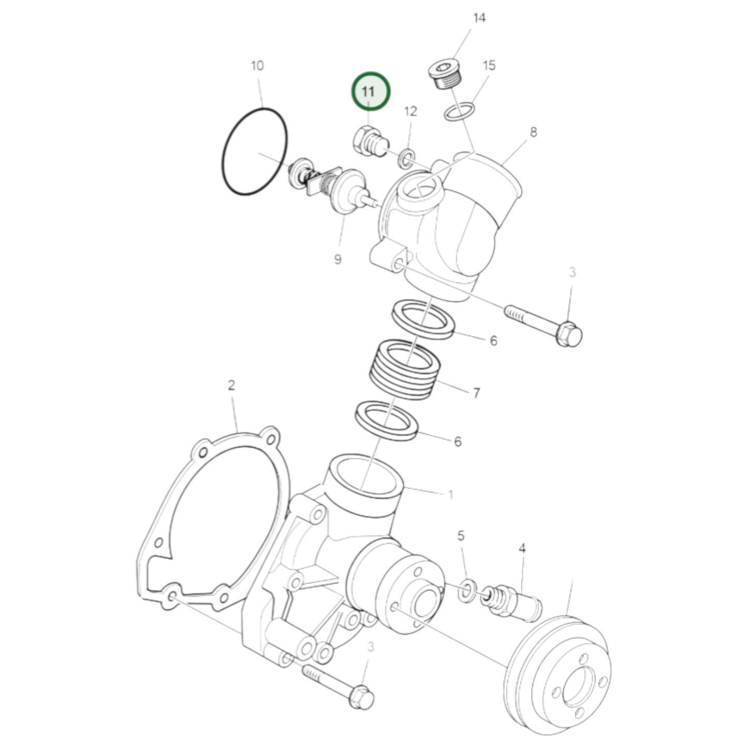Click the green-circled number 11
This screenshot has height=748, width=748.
370,92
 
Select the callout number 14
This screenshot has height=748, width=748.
479,18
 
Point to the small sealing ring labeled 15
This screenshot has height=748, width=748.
459,112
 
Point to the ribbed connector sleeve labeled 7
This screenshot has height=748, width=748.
405,370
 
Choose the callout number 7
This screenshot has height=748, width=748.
476,393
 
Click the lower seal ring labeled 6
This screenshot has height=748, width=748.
387,420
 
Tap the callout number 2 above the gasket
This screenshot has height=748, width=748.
231,386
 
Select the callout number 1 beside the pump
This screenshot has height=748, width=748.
450,494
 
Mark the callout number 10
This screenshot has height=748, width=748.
257,66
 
